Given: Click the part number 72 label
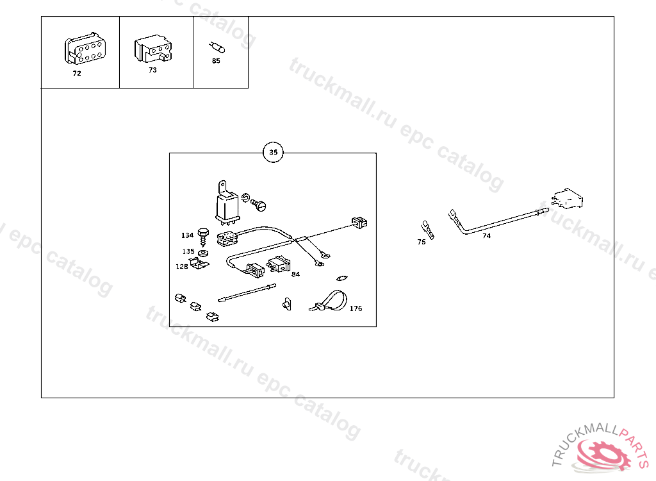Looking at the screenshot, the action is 77,73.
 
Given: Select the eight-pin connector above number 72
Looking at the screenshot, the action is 85,48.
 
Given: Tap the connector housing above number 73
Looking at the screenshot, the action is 153,48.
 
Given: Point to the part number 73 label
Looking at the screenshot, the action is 152,70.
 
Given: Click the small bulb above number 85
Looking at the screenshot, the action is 217,47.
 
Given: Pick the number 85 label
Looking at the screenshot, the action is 216,61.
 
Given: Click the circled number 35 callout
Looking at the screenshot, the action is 273,152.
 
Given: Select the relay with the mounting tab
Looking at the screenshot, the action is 227,203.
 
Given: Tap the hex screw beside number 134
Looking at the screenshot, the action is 203,237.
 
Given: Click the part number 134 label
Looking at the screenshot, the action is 188,235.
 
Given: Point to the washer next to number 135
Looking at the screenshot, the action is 203,253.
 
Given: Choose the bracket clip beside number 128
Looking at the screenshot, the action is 199,264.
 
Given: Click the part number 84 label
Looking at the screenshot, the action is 296,274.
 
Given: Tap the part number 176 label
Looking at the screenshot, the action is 356,308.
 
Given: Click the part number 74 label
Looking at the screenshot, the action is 487,236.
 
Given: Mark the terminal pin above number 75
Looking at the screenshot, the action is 428,230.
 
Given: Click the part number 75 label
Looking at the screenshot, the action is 422,242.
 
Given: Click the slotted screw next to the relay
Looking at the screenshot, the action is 258,205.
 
